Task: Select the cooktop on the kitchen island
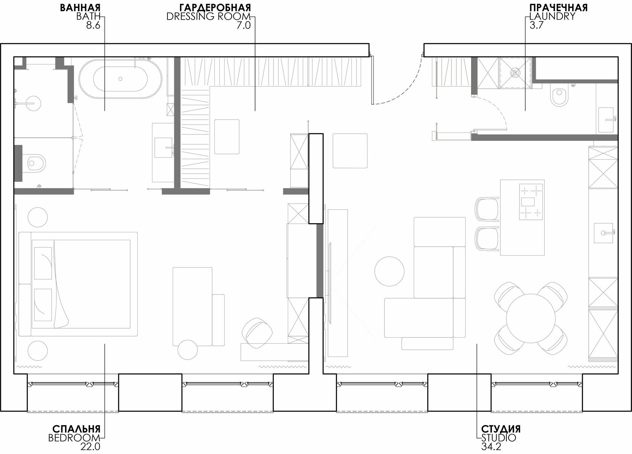[x=531, y=202]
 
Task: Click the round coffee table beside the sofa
[x=389, y=271]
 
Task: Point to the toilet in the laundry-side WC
[x=560, y=97]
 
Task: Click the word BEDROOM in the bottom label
[x=74, y=438]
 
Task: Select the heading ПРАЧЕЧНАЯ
[x=558, y=8]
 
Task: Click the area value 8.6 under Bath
[x=93, y=26]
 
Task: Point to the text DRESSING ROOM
[x=208, y=17]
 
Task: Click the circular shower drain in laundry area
[x=515, y=73]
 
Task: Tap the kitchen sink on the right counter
[x=604, y=233]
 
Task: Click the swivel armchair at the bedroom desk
[x=257, y=334]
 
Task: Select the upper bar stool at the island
[x=487, y=209]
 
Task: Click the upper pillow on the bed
[x=43, y=263]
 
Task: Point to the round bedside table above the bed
[x=38, y=217]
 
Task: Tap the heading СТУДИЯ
[x=501, y=429]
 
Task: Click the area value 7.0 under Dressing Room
[x=243, y=26]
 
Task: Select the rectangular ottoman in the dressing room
[x=227, y=137]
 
